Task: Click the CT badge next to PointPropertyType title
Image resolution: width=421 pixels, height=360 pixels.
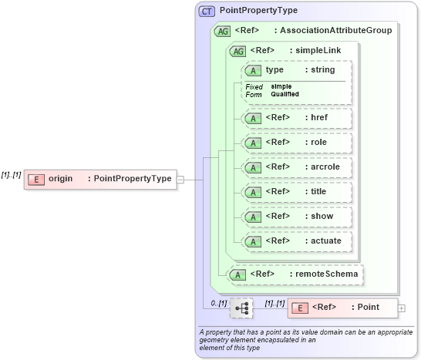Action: click(207, 12)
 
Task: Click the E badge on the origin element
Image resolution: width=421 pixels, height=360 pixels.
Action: click(35, 179)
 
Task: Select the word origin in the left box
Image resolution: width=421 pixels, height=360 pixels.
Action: click(61, 179)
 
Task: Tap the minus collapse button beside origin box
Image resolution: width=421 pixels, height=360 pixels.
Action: click(180, 179)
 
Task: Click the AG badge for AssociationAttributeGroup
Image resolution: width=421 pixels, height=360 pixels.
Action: click(223, 31)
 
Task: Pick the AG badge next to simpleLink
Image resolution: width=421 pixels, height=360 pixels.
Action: click(238, 51)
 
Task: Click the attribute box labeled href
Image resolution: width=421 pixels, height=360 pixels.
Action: click(297, 118)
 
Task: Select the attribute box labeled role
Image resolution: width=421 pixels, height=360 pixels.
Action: click(297, 143)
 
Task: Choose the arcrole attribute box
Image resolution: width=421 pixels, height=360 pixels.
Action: click(297, 167)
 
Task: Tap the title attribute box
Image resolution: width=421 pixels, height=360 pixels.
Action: click(297, 191)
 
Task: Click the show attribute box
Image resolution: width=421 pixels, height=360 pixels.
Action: click(297, 216)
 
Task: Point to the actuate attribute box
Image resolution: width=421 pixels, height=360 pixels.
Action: click(297, 241)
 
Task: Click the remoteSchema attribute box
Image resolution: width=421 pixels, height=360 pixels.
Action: click(297, 274)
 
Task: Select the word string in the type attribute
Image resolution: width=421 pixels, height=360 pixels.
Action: click(322, 69)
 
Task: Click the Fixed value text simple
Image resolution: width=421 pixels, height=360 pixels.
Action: click(281, 86)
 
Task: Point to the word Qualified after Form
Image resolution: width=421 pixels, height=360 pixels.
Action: click(285, 94)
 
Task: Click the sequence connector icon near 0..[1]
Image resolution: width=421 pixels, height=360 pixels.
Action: click(241, 308)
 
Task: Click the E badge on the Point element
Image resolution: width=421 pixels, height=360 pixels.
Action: click(299, 308)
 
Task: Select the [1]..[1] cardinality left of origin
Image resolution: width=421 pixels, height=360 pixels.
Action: click(11, 175)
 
